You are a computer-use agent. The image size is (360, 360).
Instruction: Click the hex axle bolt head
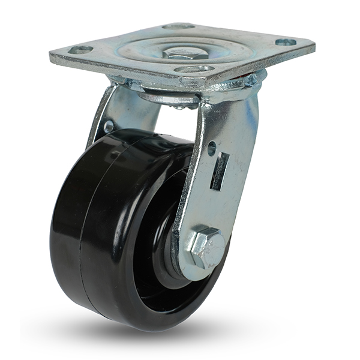click(x=207, y=247)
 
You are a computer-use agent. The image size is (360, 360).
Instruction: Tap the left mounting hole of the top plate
click(x=80, y=50)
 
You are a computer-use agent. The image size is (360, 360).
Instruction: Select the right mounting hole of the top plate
click(x=286, y=42)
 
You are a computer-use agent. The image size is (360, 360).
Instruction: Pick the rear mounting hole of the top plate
click(x=178, y=26)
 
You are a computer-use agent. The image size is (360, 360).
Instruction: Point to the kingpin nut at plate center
click(x=185, y=53)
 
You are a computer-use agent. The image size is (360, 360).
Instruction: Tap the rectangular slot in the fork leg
click(x=220, y=171)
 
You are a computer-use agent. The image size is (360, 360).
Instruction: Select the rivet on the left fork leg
click(x=109, y=127)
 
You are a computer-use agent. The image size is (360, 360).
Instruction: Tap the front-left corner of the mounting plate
click(x=55, y=60)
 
